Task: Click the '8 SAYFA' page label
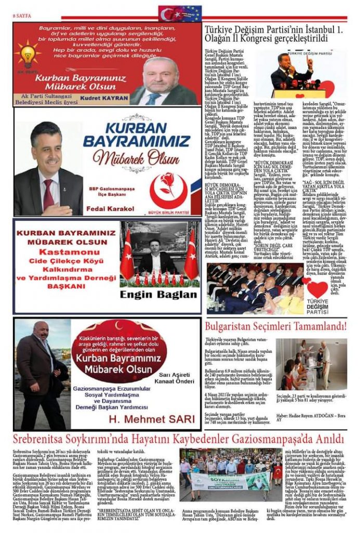[x=21, y=16]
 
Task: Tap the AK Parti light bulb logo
[x=27, y=54]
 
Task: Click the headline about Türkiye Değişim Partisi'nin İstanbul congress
[x=275, y=35]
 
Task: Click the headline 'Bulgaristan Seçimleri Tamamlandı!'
[x=275, y=327]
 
